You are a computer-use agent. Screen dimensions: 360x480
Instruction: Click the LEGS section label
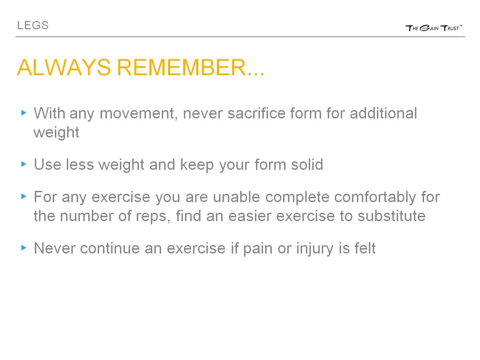click(x=33, y=25)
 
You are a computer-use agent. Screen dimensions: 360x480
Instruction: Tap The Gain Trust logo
click(x=434, y=28)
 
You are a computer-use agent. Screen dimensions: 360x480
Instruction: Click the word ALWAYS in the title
click(x=64, y=67)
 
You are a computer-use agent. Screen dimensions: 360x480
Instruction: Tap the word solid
click(x=307, y=165)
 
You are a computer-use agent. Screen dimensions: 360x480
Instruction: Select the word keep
click(x=197, y=165)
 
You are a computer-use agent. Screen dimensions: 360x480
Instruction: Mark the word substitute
click(x=391, y=216)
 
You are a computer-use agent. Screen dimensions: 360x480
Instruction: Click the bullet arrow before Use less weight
click(x=24, y=164)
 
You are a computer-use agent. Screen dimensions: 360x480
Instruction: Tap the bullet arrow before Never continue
click(x=24, y=247)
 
